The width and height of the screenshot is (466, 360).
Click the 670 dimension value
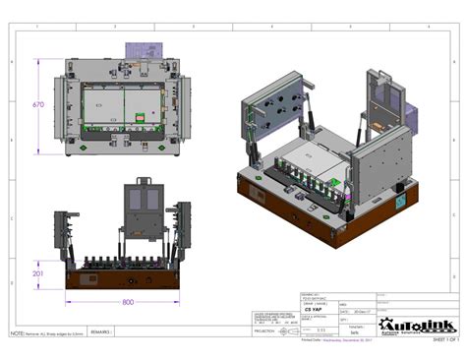[x=37, y=105]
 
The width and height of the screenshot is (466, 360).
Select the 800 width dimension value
[x=128, y=302]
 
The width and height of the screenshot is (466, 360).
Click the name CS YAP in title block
[x=314, y=308]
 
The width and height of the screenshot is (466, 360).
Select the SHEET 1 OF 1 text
[x=445, y=338]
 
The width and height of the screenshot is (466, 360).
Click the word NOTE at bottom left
[x=17, y=334]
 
